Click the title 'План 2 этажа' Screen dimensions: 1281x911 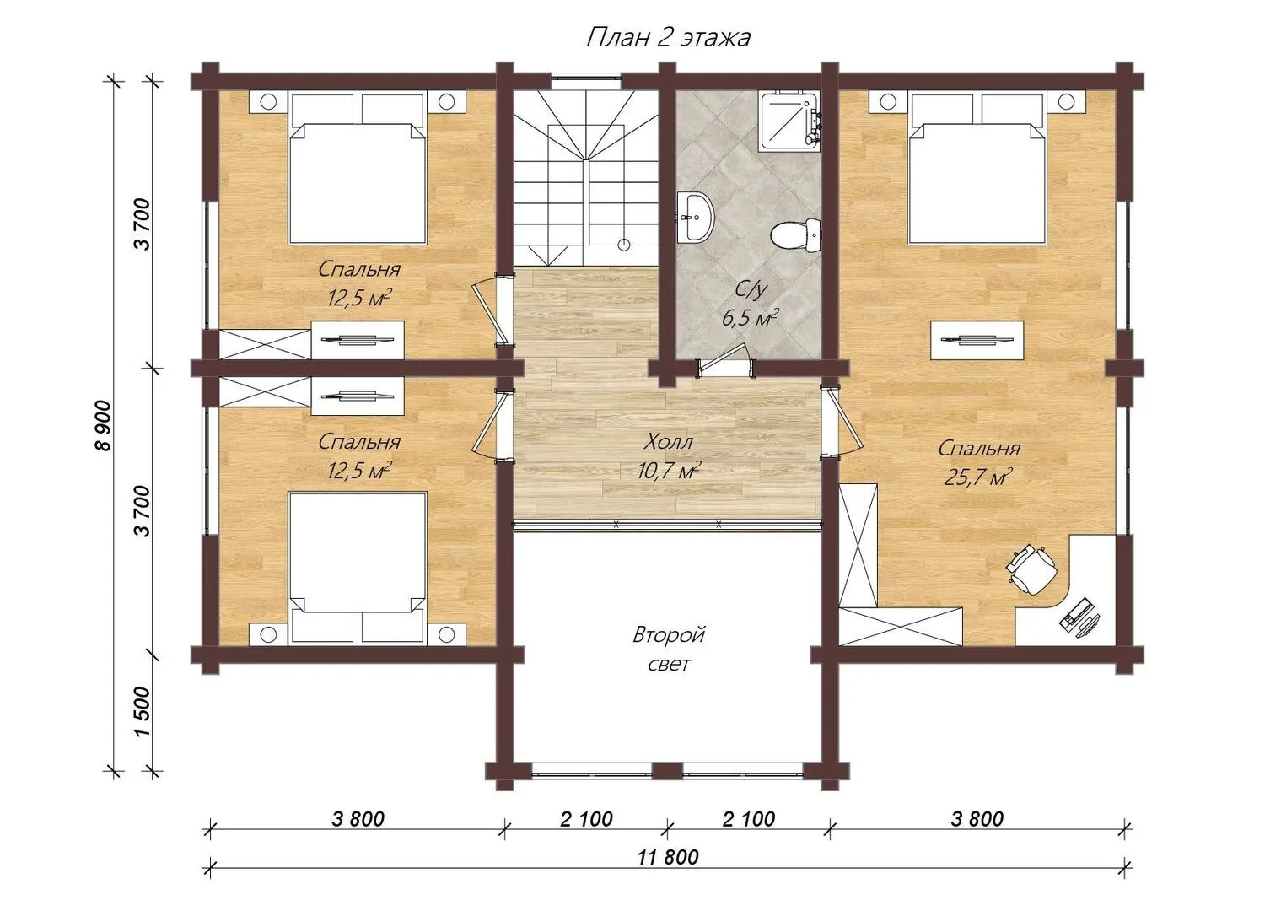point(668,38)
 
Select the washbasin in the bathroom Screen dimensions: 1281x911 point(695,217)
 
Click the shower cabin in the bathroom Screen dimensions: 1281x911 point(790,121)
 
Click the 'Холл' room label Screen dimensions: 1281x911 point(669,442)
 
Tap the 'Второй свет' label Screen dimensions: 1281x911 point(669,650)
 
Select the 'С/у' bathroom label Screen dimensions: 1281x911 point(751,290)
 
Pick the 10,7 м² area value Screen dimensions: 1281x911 point(669,472)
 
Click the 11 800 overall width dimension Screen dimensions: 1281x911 point(668,857)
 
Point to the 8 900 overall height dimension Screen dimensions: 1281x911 point(105,425)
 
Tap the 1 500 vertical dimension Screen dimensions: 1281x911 point(143,711)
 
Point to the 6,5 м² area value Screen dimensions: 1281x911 point(751,318)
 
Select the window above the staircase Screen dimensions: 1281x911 point(586,81)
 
